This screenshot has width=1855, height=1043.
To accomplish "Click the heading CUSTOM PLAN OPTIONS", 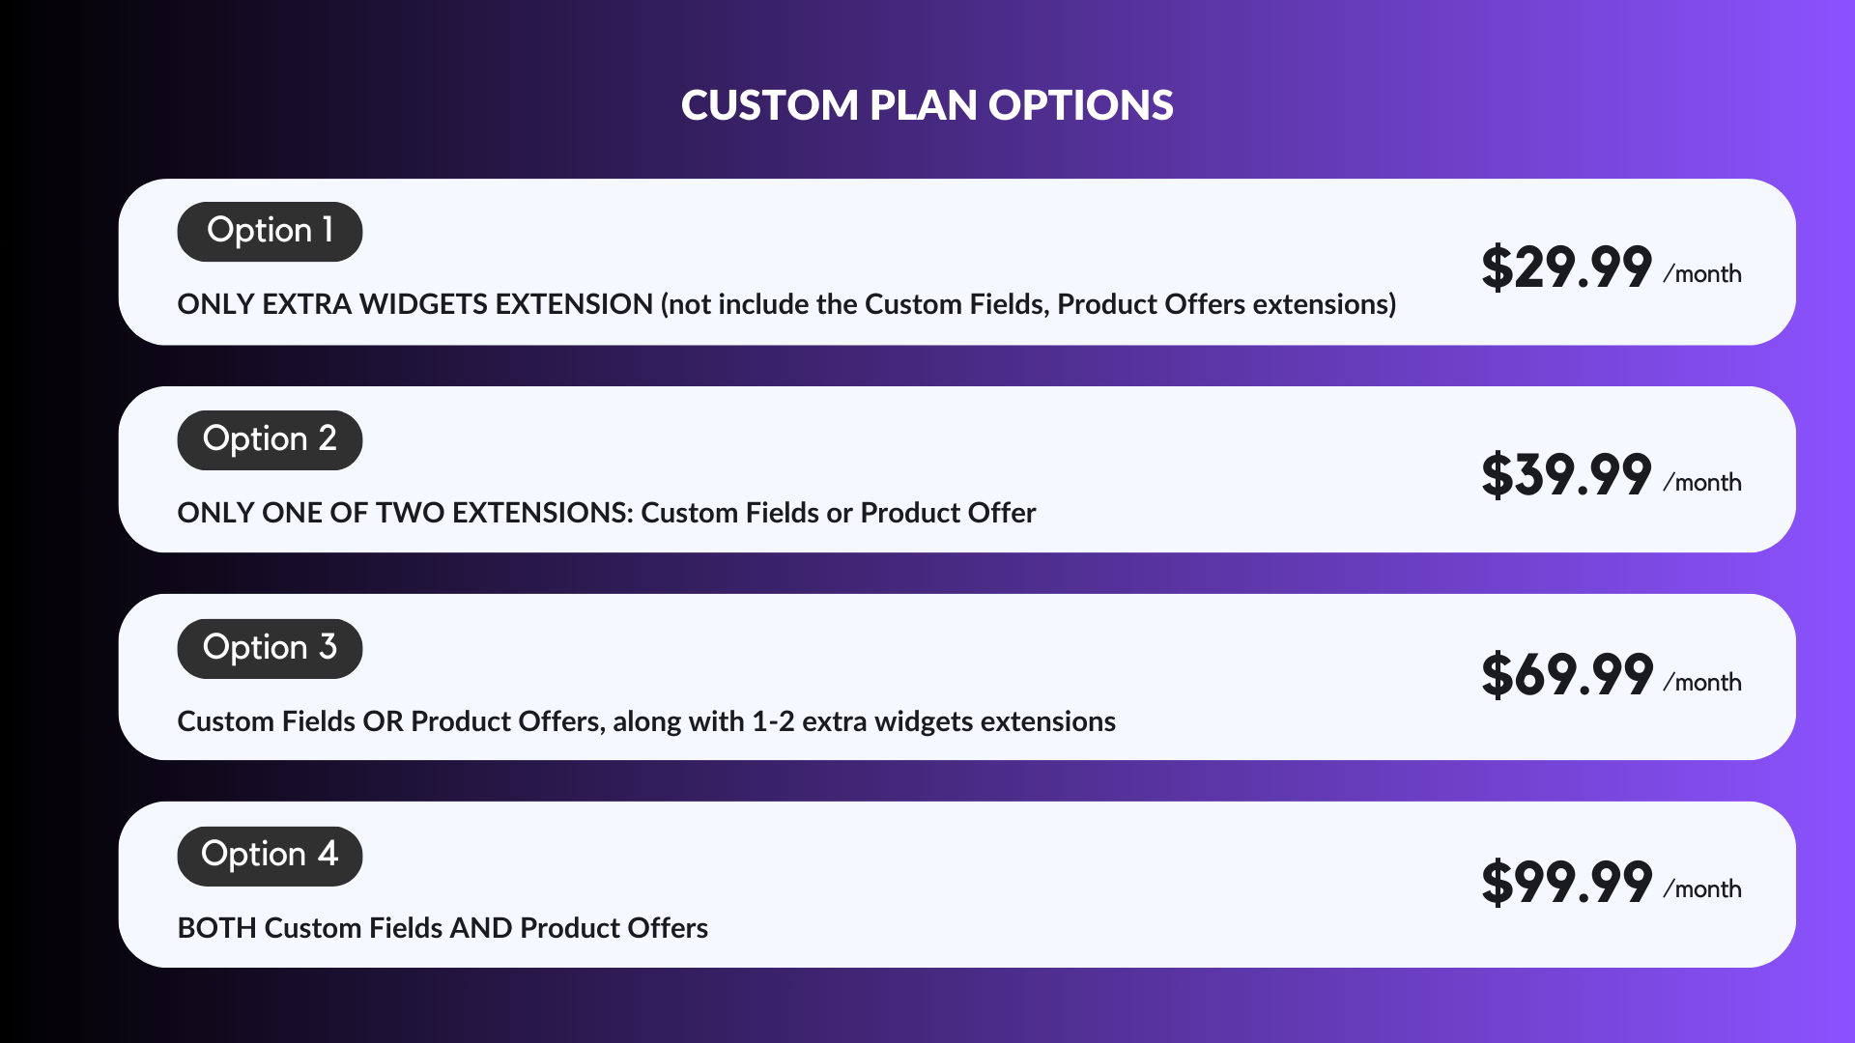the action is pos(927,105).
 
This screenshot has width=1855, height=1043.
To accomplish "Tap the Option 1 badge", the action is pos(270,232).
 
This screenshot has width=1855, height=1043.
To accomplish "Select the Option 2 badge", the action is pos(270,440).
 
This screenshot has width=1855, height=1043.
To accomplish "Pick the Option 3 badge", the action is pos(270,649).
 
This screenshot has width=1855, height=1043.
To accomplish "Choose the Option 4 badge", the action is pos(270,857).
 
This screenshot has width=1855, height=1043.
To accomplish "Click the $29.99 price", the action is pos(1566,268).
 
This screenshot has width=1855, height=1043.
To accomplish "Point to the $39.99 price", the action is pos(1566,475).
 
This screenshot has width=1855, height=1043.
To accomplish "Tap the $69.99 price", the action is pos(1566,674).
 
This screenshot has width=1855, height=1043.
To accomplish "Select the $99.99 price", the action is pos(1566,883).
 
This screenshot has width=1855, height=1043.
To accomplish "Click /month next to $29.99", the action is pos(1702,274).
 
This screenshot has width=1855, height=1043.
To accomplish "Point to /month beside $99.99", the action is pos(1702,889).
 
